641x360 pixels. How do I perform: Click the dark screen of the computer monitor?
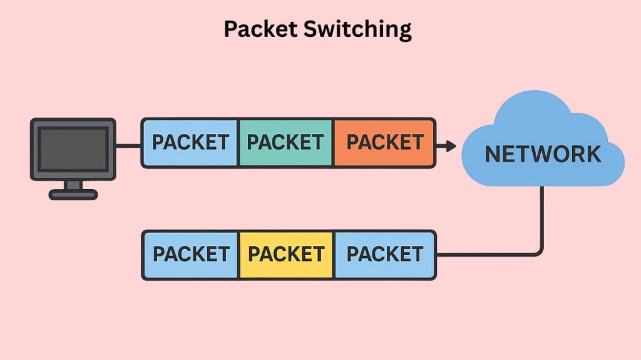(73, 149)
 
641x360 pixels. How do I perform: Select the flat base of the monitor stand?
(73, 195)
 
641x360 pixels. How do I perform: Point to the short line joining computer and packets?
(128, 147)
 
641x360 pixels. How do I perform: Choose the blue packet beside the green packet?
(190, 143)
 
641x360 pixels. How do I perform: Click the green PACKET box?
(285, 143)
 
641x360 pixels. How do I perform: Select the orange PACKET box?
(384, 143)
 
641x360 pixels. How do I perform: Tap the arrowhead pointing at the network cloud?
(449, 147)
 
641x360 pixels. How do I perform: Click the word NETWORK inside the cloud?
(543, 154)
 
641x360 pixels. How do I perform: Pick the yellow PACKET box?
(286, 254)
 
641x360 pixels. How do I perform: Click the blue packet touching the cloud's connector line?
(385, 254)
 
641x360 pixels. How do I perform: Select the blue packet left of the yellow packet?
(190, 254)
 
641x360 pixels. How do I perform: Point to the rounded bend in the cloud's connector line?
(539, 251)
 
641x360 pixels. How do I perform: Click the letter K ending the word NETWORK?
(593, 154)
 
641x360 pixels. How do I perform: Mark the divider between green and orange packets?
(334, 143)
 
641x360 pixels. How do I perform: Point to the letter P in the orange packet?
(353, 143)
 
